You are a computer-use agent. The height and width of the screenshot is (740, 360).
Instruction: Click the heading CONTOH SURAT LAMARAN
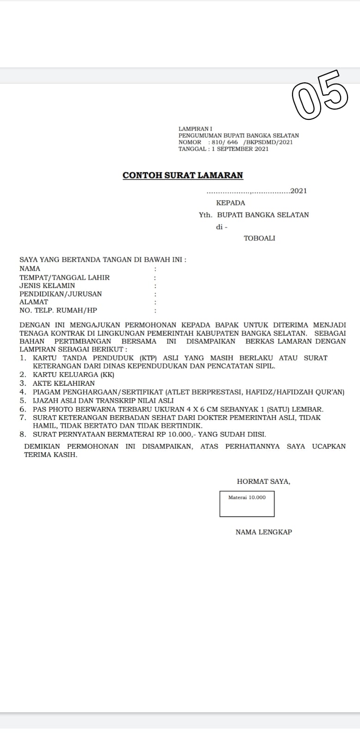(x=183, y=175)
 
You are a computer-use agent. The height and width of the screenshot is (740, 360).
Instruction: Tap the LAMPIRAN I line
(x=195, y=129)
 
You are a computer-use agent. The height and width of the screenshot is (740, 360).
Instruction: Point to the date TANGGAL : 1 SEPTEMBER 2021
(x=223, y=149)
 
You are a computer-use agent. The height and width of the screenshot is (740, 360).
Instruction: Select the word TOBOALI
(x=259, y=238)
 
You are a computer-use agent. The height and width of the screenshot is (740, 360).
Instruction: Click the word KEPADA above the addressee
(x=230, y=203)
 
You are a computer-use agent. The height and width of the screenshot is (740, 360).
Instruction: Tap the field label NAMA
(x=30, y=268)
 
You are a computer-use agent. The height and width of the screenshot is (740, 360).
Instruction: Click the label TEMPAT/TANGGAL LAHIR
(x=64, y=277)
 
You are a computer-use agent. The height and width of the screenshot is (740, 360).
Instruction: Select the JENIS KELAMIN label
(x=47, y=285)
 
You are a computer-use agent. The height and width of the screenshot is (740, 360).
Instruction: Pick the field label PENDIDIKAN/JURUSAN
(x=61, y=294)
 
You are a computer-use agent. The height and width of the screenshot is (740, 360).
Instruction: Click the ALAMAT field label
(x=34, y=302)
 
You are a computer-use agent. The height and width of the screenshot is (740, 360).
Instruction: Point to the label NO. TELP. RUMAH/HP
(x=58, y=310)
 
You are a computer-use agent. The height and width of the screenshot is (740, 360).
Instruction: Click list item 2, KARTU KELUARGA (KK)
(x=73, y=375)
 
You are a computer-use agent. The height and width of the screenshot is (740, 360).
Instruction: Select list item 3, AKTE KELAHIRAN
(x=63, y=383)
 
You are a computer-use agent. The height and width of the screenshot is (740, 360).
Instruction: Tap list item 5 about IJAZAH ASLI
(x=103, y=401)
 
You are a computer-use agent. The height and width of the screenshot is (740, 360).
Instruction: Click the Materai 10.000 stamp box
(x=247, y=503)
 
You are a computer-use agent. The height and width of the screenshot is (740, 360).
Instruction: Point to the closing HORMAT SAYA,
(x=263, y=481)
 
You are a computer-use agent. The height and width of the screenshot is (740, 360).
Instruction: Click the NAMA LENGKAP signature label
(x=264, y=532)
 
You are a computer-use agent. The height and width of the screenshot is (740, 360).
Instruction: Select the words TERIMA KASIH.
(x=50, y=455)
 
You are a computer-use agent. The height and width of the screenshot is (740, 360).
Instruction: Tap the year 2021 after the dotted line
(x=298, y=191)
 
